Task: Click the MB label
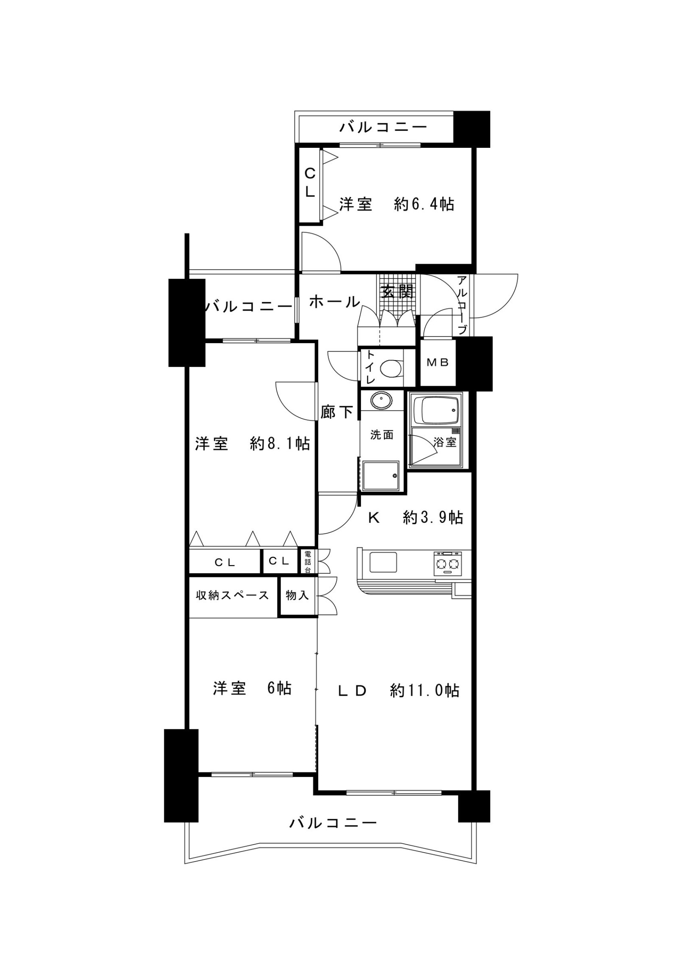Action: (437, 362)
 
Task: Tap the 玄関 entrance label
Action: (397, 292)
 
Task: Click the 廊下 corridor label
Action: (337, 411)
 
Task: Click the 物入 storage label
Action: (297, 595)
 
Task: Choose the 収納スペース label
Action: (232, 595)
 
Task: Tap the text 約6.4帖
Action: (424, 205)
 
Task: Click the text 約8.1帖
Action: (280, 443)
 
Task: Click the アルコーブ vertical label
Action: (463, 305)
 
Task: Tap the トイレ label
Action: (370, 367)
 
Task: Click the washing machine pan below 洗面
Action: (381, 476)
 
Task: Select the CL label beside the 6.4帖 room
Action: (310, 183)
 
